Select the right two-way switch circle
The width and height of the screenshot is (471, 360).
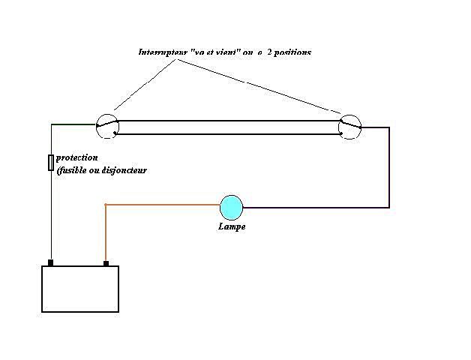349,127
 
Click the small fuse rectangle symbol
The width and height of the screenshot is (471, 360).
50,162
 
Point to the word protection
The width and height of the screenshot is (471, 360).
77,158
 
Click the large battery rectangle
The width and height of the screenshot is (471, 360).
80,289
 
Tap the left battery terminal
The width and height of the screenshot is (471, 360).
50,263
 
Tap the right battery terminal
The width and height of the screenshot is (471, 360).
106,263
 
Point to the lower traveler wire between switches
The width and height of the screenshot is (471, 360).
225,135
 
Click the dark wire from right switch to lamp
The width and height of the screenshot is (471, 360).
388,172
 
